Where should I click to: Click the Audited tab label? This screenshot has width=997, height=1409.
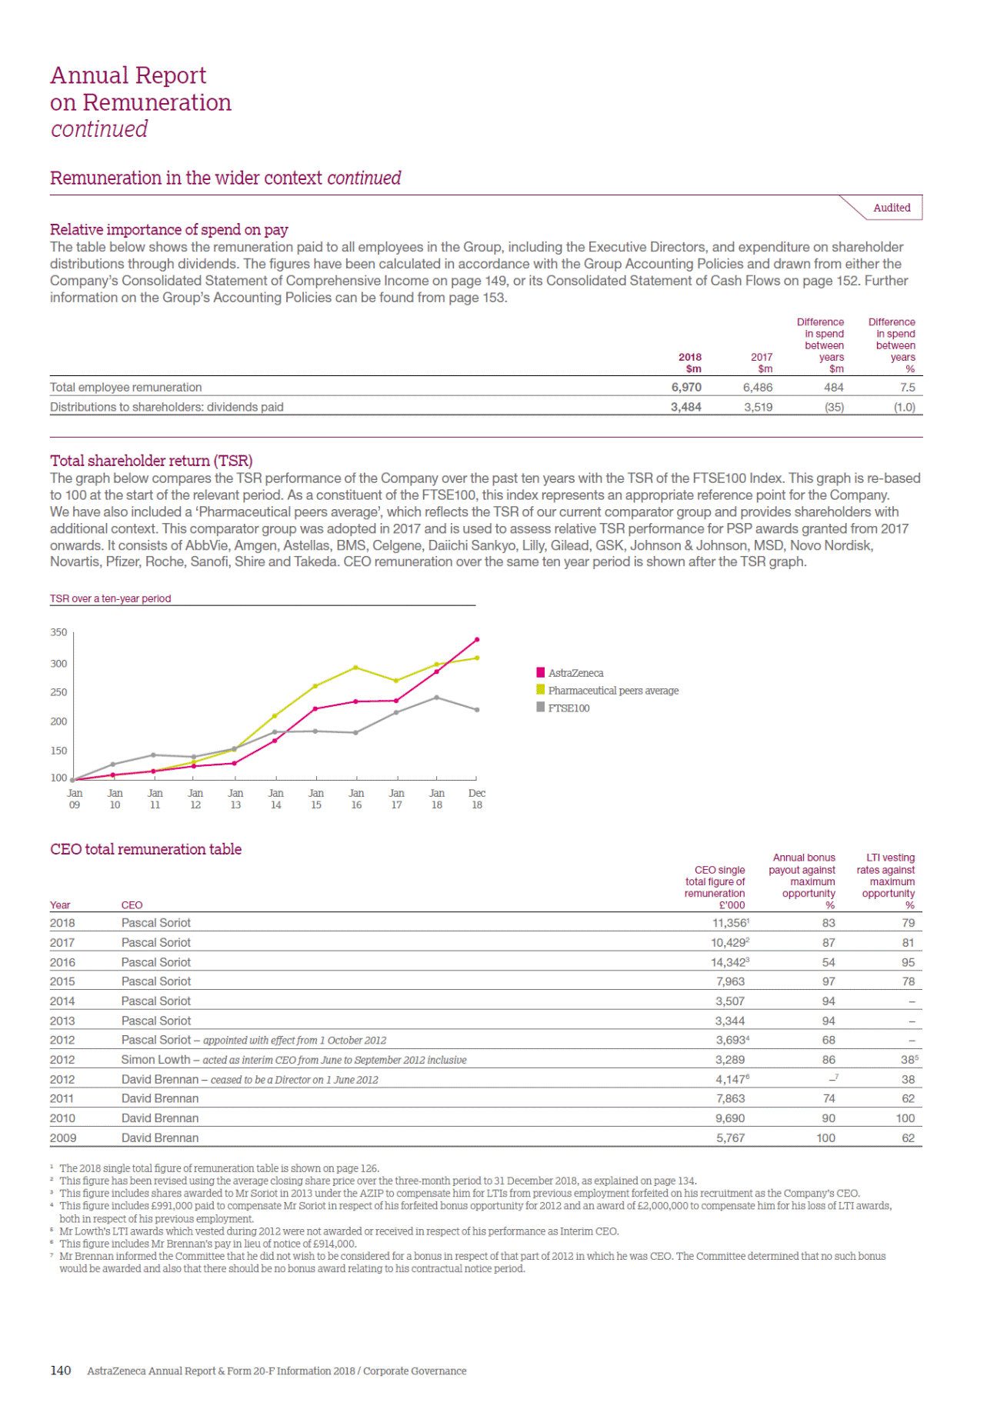pyautogui.click(x=892, y=208)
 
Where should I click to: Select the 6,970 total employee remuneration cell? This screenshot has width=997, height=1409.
pyautogui.click(x=685, y=388)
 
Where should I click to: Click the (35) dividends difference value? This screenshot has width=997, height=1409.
pyautogui.click(x=834, y=408)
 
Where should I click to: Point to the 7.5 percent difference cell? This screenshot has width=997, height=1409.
pyautogui.click(x=908, y=388)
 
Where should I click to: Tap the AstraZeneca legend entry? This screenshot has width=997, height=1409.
pyautogui.click(x=575, y=673)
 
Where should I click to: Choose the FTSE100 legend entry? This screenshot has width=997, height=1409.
pyautogui.click(x=569, y=708)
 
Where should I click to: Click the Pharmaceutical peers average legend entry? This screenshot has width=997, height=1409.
pyautogui.click(x=612, y=691)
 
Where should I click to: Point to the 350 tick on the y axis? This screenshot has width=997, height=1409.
pyautogui.click(x=58, y=632)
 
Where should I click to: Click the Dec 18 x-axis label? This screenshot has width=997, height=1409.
pyautogui.click(x=477, y=799)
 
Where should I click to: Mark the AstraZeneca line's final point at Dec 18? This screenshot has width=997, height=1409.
pyautogui.click(x=477, y=640)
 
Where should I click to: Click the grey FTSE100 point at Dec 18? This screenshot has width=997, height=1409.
pyautogui.click(x=477, y=710)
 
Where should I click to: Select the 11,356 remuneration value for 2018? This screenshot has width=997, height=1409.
pyautogui.click(x=729, y=923)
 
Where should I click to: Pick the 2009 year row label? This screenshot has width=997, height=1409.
pyautogui.click(x=62, y=1138)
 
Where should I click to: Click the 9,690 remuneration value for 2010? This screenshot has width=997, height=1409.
pyautogui.click(x=730, y=1118)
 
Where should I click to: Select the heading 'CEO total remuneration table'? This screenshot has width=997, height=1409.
pyautogui.click(x=145, y=849)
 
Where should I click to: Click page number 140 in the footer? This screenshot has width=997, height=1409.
pyautogui.click(x=60, y=1371)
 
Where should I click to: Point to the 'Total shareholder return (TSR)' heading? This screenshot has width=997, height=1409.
pyautogui.click(x=151, y=461)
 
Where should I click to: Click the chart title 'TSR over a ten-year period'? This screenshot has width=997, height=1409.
pyautogui.click(x=110, y=598)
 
